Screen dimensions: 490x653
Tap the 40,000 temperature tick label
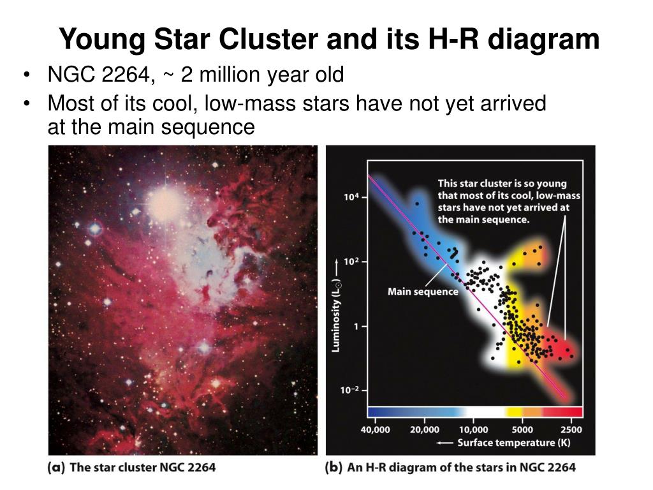pos(376,429)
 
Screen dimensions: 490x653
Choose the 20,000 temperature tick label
pos(425,429)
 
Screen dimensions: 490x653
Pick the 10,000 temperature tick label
pos(474,429)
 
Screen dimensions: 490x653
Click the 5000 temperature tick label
pos(522,429)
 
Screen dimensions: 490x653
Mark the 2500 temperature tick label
pos(571,429)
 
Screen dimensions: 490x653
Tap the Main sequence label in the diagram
pos(423,292)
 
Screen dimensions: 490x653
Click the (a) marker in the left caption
pos(56,467)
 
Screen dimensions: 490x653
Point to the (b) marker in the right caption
pos(334,467)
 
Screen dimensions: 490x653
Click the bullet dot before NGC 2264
pos(26,75)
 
